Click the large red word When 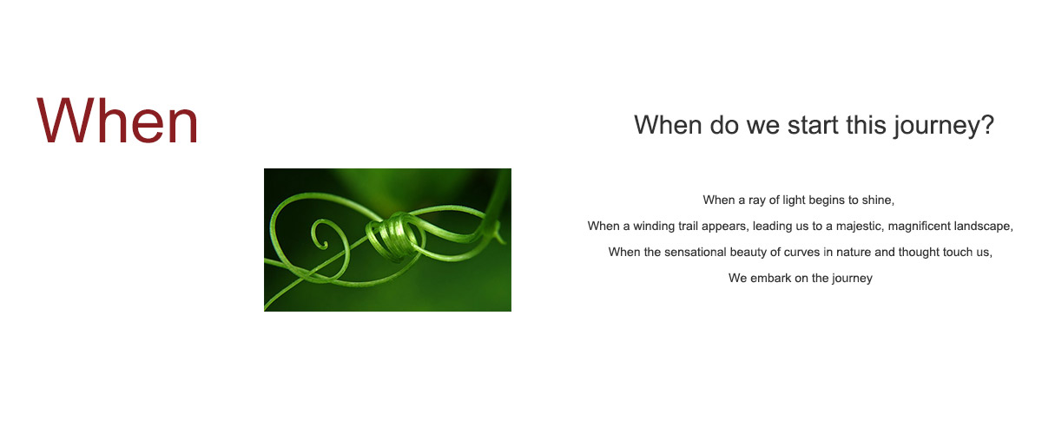(x=117, y=121)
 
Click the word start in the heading (x=813, y=125)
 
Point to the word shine (x=878, y=200)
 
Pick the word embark (x=771, y=278)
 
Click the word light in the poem (x=794, y=200)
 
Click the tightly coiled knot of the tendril (x=394, y=236)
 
